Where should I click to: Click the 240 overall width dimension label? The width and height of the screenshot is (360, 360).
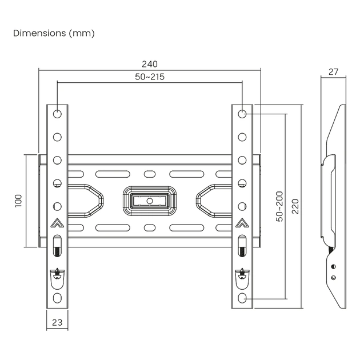(x=150, y=64)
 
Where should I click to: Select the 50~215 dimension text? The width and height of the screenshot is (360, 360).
(x=150, y=77)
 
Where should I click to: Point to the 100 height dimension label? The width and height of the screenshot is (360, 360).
(x=18, y=200)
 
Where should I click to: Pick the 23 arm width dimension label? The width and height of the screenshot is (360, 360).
(x=57, y=322)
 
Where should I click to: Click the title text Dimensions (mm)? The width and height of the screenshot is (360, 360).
(x=54, y=33)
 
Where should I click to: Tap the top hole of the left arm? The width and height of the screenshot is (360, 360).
(x=57, y=114)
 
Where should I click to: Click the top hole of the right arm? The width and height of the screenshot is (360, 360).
(x=242, y=114)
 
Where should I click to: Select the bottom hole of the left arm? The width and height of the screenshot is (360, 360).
(x=57, y=298)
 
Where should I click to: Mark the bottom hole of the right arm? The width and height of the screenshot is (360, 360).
(x=242, y=298)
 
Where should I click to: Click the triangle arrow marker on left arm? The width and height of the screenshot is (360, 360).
(x=57, y=224)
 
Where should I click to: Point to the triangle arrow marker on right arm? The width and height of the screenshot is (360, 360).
(x=242, y=224)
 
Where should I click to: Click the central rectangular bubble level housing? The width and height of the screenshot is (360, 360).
(x=150, y=201)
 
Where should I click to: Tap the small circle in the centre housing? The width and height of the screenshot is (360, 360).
(x=150, y=201)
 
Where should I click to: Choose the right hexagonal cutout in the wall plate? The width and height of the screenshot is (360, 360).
(x=214, y=200)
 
